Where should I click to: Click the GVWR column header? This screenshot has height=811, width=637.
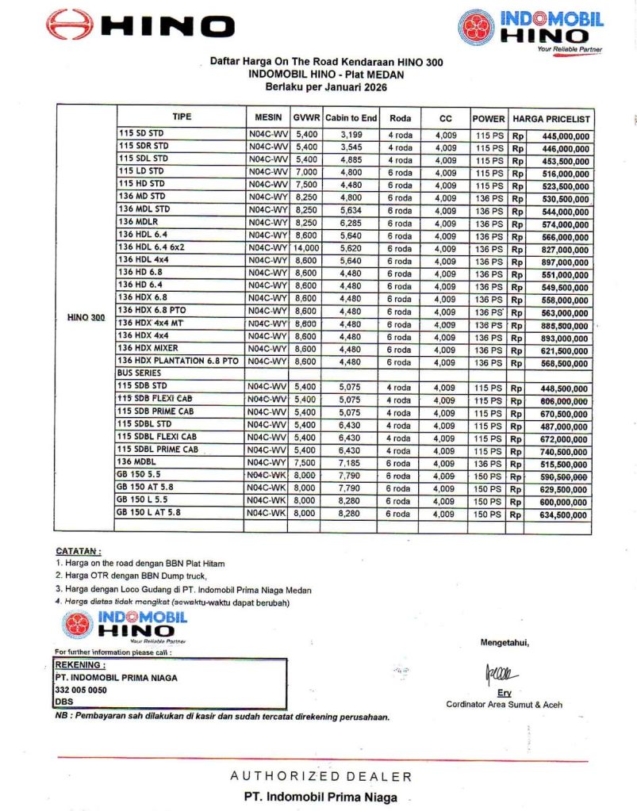(x=305, y=118)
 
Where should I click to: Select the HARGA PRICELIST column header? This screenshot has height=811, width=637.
(x=551, y=118)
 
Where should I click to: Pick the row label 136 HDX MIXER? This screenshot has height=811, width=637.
(x=148, y=348)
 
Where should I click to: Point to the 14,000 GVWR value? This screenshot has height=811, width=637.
(x=305, y=249)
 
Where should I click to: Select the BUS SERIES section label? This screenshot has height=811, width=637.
(x=139, y=373)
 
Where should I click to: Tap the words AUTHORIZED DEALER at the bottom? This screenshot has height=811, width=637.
(x=320, y=776)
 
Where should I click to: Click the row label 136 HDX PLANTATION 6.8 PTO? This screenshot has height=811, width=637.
(x=178, y=361)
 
